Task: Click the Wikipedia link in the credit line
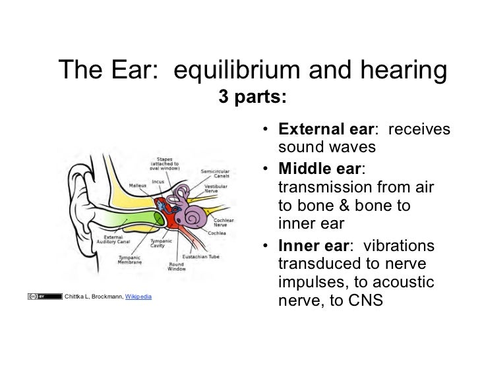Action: (138, 297)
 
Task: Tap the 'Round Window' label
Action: (176, 266)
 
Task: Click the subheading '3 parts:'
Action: (253, 98)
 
